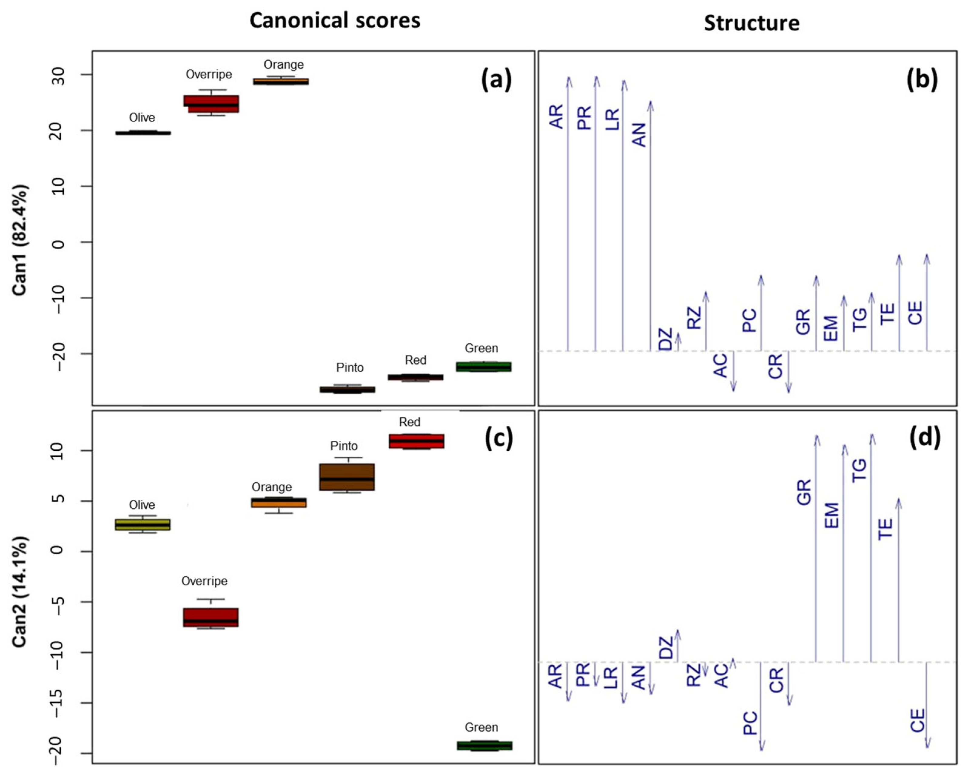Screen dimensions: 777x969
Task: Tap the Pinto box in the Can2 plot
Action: (x=347, y=477)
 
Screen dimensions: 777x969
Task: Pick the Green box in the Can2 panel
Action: (x=485, y=745)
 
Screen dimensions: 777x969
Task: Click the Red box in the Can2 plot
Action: (x=416, y=441)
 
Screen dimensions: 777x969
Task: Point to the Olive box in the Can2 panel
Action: (x=142, y=524)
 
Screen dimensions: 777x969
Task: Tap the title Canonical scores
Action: (x=335, y=21)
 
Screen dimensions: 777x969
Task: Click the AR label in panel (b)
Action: (x=556, y=116)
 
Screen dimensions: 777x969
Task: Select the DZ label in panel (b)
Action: (x=665, y=339)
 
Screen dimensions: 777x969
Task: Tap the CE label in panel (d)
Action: (x=917, y=720)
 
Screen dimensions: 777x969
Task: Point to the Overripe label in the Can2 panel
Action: (x=204, y=581)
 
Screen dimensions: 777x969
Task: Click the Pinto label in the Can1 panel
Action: (x=350, y=368)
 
